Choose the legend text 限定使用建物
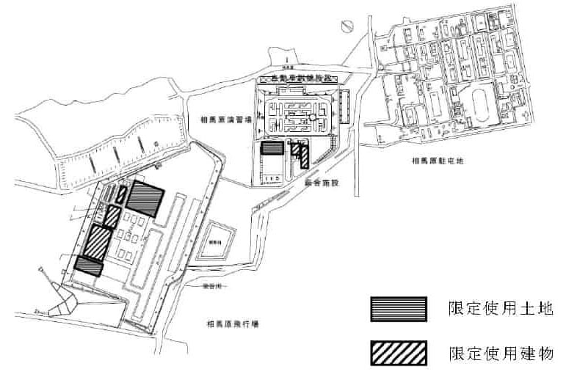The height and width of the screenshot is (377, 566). pyautogui.click(x=500, y=354)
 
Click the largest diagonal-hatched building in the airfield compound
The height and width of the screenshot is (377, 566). pyautogui.click(x=96, y=241)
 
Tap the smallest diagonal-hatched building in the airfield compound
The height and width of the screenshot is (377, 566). pyautogui.click(x=122, y=194)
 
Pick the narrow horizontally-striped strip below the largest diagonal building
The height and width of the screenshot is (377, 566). pyautogui.click(x=89, y=266)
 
